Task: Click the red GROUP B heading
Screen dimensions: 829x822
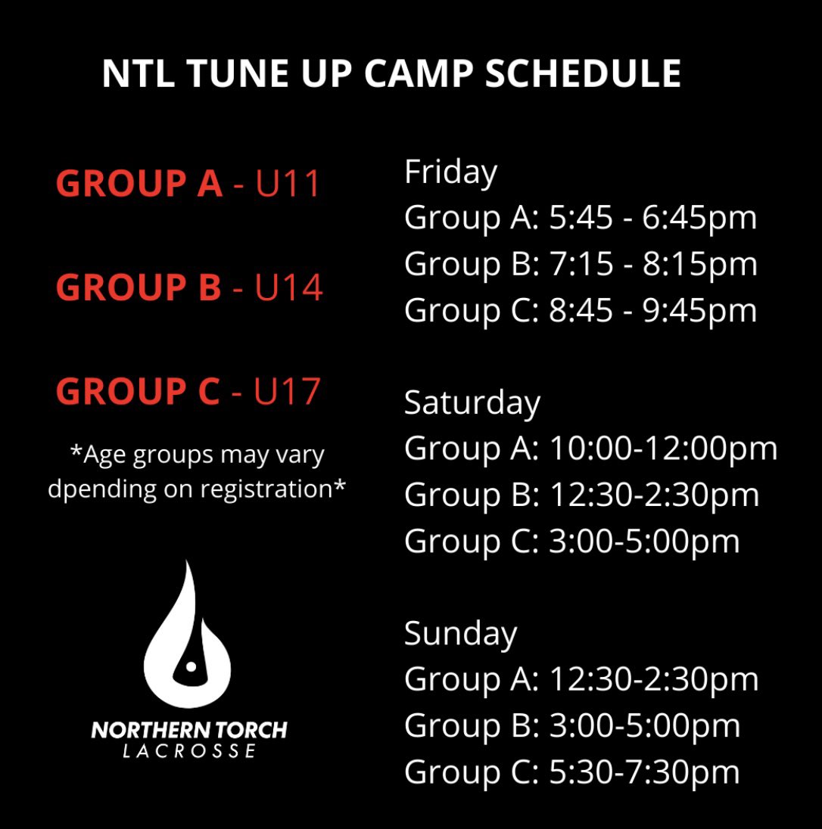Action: tap(139, 288)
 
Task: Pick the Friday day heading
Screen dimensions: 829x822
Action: tap(450, 172)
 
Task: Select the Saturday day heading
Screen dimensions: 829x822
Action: tap(472, 402)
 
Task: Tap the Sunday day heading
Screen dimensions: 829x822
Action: tap(460, 633)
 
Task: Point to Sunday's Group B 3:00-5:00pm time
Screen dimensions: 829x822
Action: tap(644, 726)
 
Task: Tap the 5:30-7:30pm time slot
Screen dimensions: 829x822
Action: tap(644, 772)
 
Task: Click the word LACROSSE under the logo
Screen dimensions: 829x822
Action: tap(189, 751)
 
